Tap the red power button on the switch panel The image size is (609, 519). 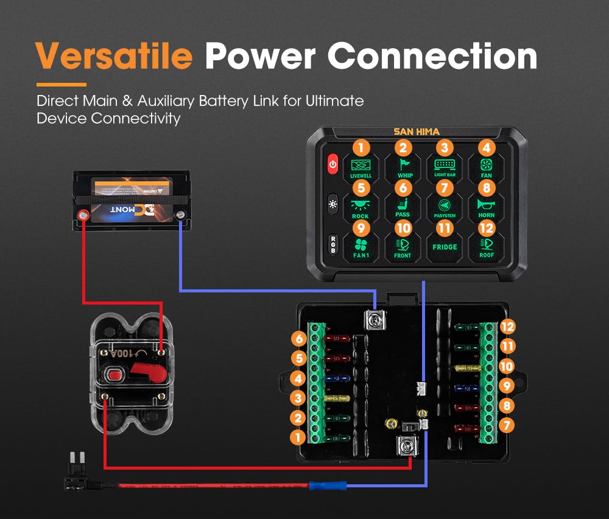(x=333, y=164)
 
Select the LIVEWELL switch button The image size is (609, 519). (x=361, y=166)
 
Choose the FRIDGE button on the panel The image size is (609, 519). (x=445, y=247)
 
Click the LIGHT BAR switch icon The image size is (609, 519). (x=445, y=166)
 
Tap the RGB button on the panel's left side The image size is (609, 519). (x=333, y=244)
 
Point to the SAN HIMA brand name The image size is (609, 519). (x=416, y=132)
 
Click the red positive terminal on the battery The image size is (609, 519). (x=81, y=214)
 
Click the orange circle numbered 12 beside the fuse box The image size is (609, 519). (x=508, y=327)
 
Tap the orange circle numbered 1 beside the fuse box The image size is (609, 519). (x=298, y=437)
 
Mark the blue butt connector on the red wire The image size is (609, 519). (x=328, y=485)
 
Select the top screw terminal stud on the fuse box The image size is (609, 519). (x=376, y=319)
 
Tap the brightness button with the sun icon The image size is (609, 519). (x=333, y=203)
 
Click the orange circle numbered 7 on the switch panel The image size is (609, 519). (x=445, y=188)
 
